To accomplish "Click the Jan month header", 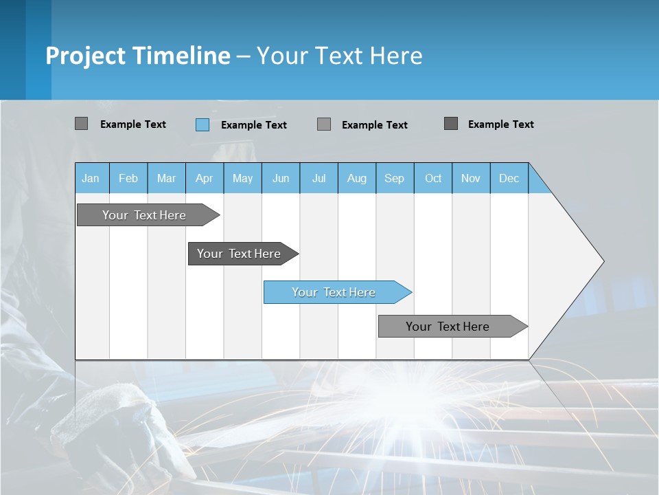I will [91, 178].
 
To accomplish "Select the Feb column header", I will [128, 178].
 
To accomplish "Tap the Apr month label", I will [204, 178].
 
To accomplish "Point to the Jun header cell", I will [281, 178].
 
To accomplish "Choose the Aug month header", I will [356, 178].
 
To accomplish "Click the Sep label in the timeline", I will [394, 178].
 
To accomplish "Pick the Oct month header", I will [433, 178].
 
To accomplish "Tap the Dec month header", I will [509, 178].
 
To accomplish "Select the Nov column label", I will [471, 178].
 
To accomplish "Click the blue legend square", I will [203, 124].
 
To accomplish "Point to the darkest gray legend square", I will [451, 124].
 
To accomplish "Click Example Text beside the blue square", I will [253, 125].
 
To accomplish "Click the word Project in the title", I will [85, 56].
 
